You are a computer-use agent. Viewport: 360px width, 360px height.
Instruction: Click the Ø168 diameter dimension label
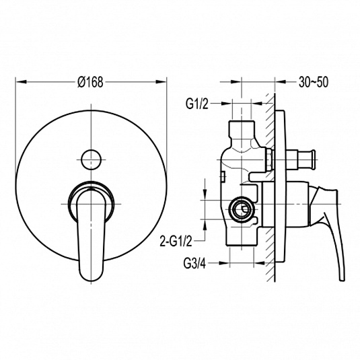tap(90, 82)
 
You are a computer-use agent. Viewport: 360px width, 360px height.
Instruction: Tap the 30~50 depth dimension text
tap(314, 82)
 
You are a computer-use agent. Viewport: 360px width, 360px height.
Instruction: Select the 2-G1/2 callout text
tap(176, 242)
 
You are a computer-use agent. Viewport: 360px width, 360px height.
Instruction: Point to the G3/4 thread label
tap(194, 263)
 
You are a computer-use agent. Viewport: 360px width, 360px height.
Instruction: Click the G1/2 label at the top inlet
tap(197, 104)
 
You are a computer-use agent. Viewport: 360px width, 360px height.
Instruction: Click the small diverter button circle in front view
tap(91, 159)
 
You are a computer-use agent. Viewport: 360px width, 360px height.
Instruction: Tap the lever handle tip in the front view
tap(91, 277)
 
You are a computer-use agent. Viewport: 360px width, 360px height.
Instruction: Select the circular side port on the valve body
tap(241, 209)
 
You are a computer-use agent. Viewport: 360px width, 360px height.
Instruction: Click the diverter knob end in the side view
tap(312, 159)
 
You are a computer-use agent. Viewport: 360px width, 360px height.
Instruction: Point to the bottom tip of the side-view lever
tap(342, 279)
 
